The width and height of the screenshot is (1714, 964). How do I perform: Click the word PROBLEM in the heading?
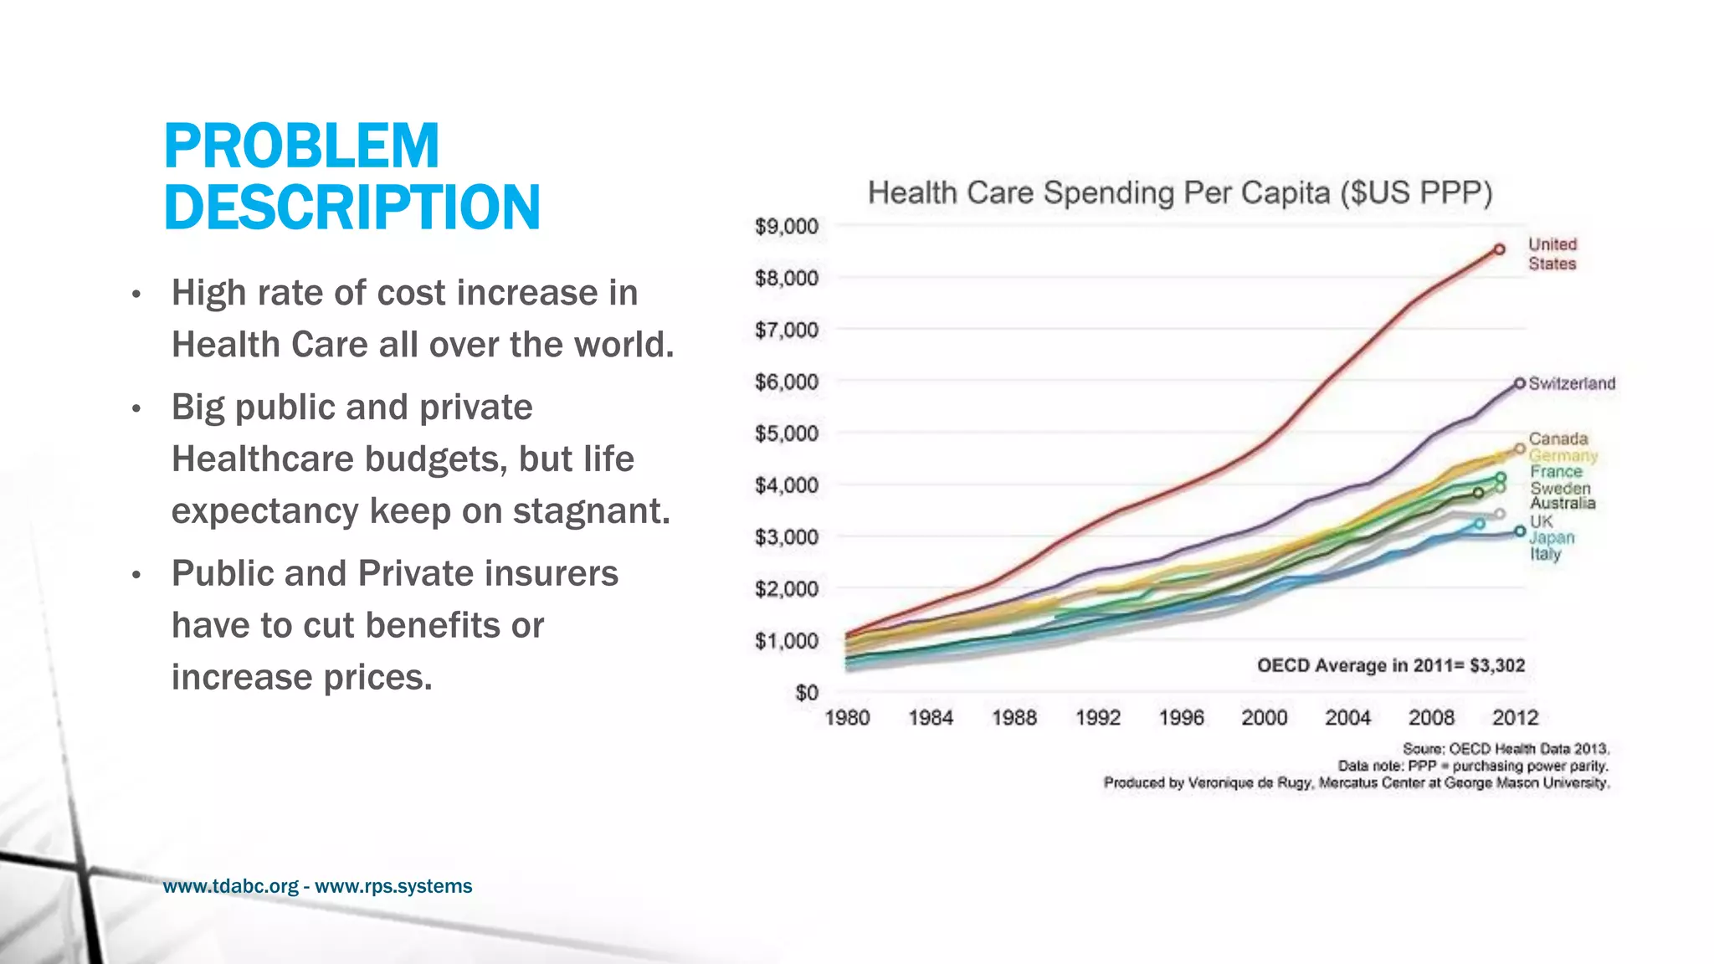pyautogui.click(x=301, y=146)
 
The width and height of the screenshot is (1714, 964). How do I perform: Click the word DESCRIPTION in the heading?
pyautogui.click(x=352, y=208)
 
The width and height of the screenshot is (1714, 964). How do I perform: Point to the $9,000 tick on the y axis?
pyautogui.click(x=786, y=227)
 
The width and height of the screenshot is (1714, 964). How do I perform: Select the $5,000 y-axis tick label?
pyautogui.click(x=786, y=433)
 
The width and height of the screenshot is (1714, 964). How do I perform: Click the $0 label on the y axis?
pyautogui.click(x=806, y=693)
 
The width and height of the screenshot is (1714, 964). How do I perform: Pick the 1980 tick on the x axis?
pyautogui.click(x=847, y=718)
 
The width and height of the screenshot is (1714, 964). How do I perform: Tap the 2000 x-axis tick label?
pyautogui.click(x=1264, y=718)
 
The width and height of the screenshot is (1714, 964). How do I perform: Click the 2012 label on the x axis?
pyautogui.click(x=1515, y=718)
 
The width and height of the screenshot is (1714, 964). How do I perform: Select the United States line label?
pyautogui.click(x=1552, y=254)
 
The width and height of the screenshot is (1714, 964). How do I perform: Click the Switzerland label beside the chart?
pyautogui.click(x=1571, y=383)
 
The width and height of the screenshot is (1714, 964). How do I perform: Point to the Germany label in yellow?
pyautogui.click(x=1563, y=456)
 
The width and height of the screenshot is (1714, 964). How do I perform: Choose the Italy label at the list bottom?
pyautogui.click(x=1545, y=554)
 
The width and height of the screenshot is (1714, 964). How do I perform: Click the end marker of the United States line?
pyautogui.click(x=1500, y=249)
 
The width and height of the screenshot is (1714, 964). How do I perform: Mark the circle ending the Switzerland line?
pyautogui.click(x=1520, y=383)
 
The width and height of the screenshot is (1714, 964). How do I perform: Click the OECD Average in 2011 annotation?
pyautogui.click(x=1390, y=665)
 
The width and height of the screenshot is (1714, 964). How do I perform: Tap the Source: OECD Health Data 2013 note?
pyautogui.click(x=1506, y=749)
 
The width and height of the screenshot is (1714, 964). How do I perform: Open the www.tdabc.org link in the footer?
pyautogui.click(x=230, y=886)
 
